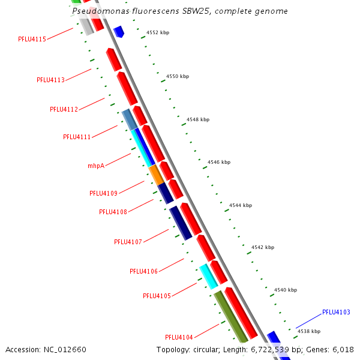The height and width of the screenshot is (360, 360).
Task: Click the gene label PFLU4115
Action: coord(32,39)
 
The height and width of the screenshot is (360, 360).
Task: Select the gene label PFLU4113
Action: coord(50,80)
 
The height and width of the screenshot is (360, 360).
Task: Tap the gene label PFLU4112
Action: coord(64,109)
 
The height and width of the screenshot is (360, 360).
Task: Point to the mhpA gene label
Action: coord(96,166)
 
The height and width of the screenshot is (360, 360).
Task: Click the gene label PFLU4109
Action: coord(103,193)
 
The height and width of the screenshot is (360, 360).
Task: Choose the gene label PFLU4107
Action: coord(128,242)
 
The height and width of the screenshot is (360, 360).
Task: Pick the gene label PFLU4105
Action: coord(157,296)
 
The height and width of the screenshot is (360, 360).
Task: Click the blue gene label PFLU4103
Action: coord(336,312)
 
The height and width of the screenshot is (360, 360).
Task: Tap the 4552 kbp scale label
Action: coord(158,32)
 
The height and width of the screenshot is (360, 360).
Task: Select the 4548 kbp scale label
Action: coord(198,119)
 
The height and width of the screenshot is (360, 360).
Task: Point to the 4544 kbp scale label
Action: coord(241,205)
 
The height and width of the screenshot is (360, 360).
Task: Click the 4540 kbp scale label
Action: coord(286,290)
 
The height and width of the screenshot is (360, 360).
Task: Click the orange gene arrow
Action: coord(157,175)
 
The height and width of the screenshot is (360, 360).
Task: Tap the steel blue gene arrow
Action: coord(129,120)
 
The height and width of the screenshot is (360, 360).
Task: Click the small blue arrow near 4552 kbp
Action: coord(119,31)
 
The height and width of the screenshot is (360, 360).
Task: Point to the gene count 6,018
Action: coord(343,350)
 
